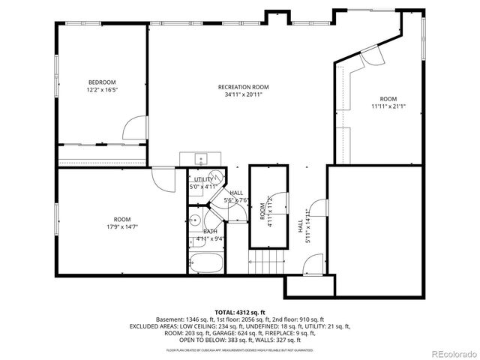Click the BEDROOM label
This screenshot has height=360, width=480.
point(103,82)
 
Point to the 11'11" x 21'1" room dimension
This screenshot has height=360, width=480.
point(388,106)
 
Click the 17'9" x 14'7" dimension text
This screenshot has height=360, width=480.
point(121,226)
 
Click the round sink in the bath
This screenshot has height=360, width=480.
point(193,221)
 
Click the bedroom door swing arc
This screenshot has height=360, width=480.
point(132,126)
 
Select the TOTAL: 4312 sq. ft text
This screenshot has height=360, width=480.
point(239,311)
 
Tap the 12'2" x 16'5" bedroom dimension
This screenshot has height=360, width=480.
point(103,89)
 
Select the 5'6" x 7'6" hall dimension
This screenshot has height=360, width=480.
point(237,200)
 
